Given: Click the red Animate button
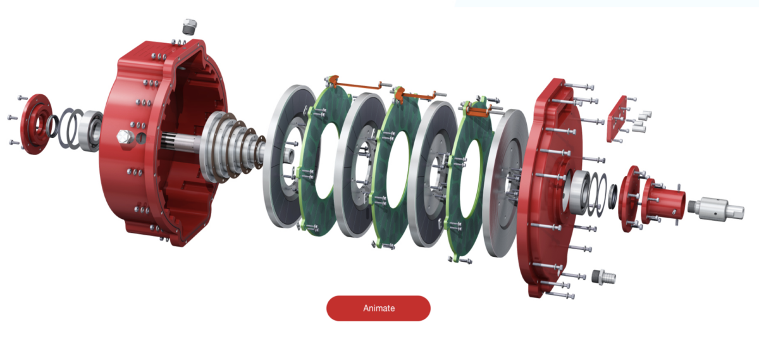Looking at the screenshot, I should tap(378, 308).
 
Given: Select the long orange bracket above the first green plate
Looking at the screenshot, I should tap(357, 85).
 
